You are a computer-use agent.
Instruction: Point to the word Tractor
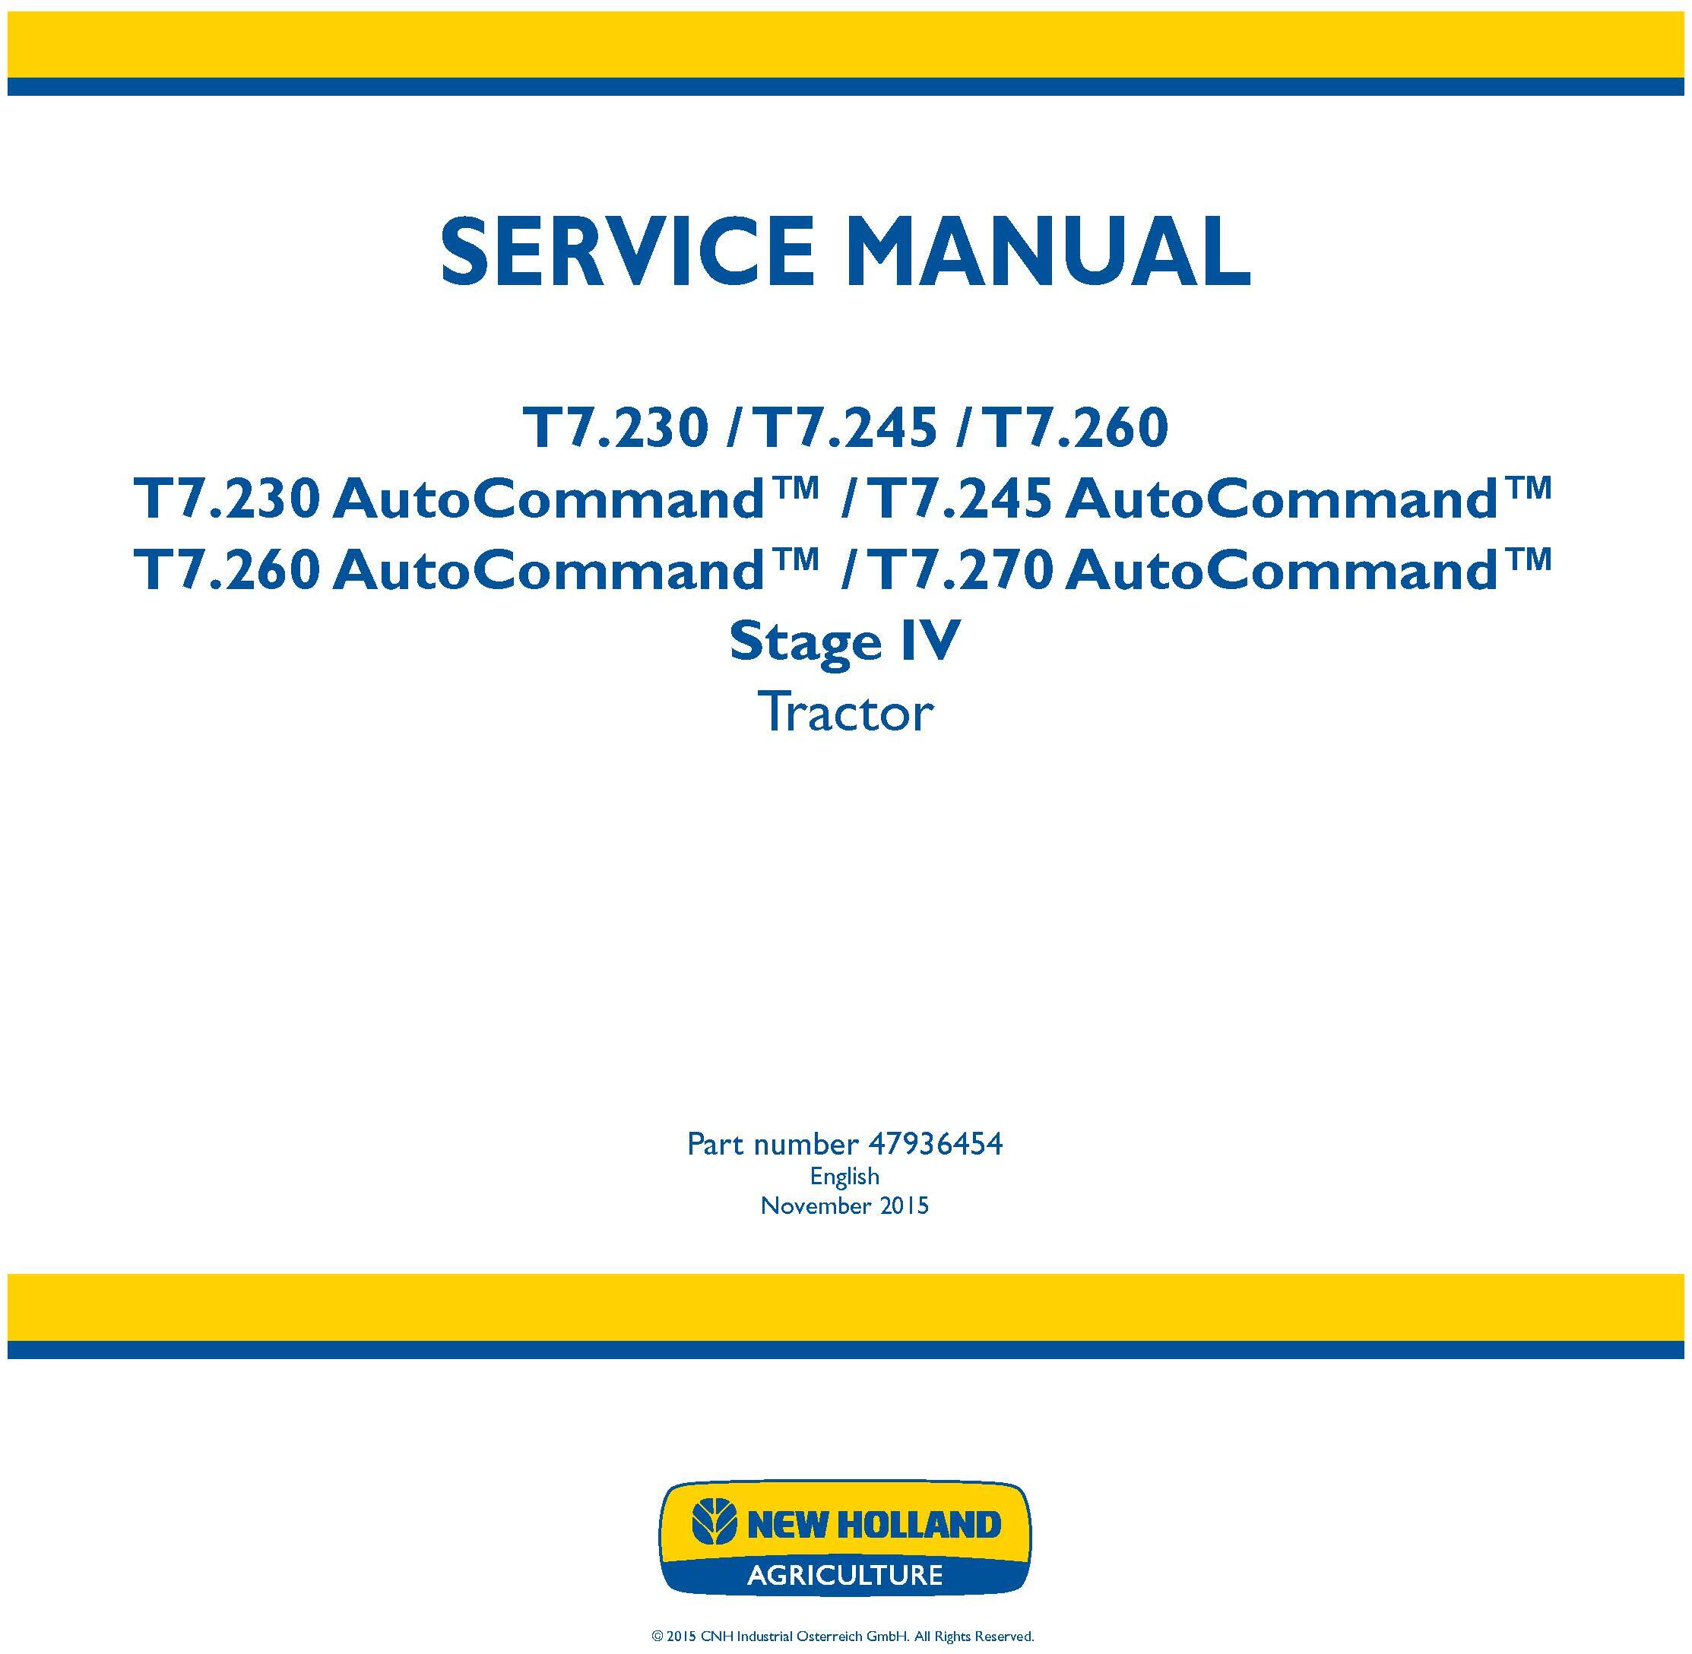click(845, 712)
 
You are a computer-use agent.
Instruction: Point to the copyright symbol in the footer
click(657, 1637)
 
